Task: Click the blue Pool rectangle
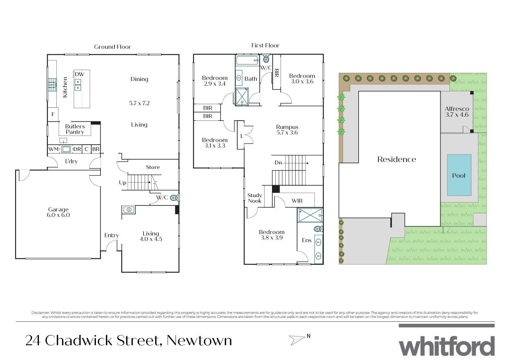pos(459,175)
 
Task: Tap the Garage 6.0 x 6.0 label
pos(58,212)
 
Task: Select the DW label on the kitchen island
pos(79,74)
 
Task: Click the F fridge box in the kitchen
pos(53,114)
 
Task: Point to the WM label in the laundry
pos(53,149)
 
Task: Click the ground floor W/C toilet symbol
pos(174,198)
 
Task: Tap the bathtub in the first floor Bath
pos(247,61)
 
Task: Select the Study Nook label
pos(255,198)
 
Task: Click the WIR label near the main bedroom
pos(297,201)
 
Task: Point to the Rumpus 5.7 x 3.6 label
pos(287,130)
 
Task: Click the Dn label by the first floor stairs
pos(278,163)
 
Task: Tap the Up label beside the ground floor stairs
pos(123,183)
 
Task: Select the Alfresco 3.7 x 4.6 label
pos(457,112)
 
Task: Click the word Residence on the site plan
pos(396,159)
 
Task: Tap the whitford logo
pos(446,345)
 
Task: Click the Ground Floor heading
pos(112,47)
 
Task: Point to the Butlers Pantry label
pos(75,129)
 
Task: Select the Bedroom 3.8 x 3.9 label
pos(272,235)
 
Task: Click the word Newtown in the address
pos(199,341)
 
